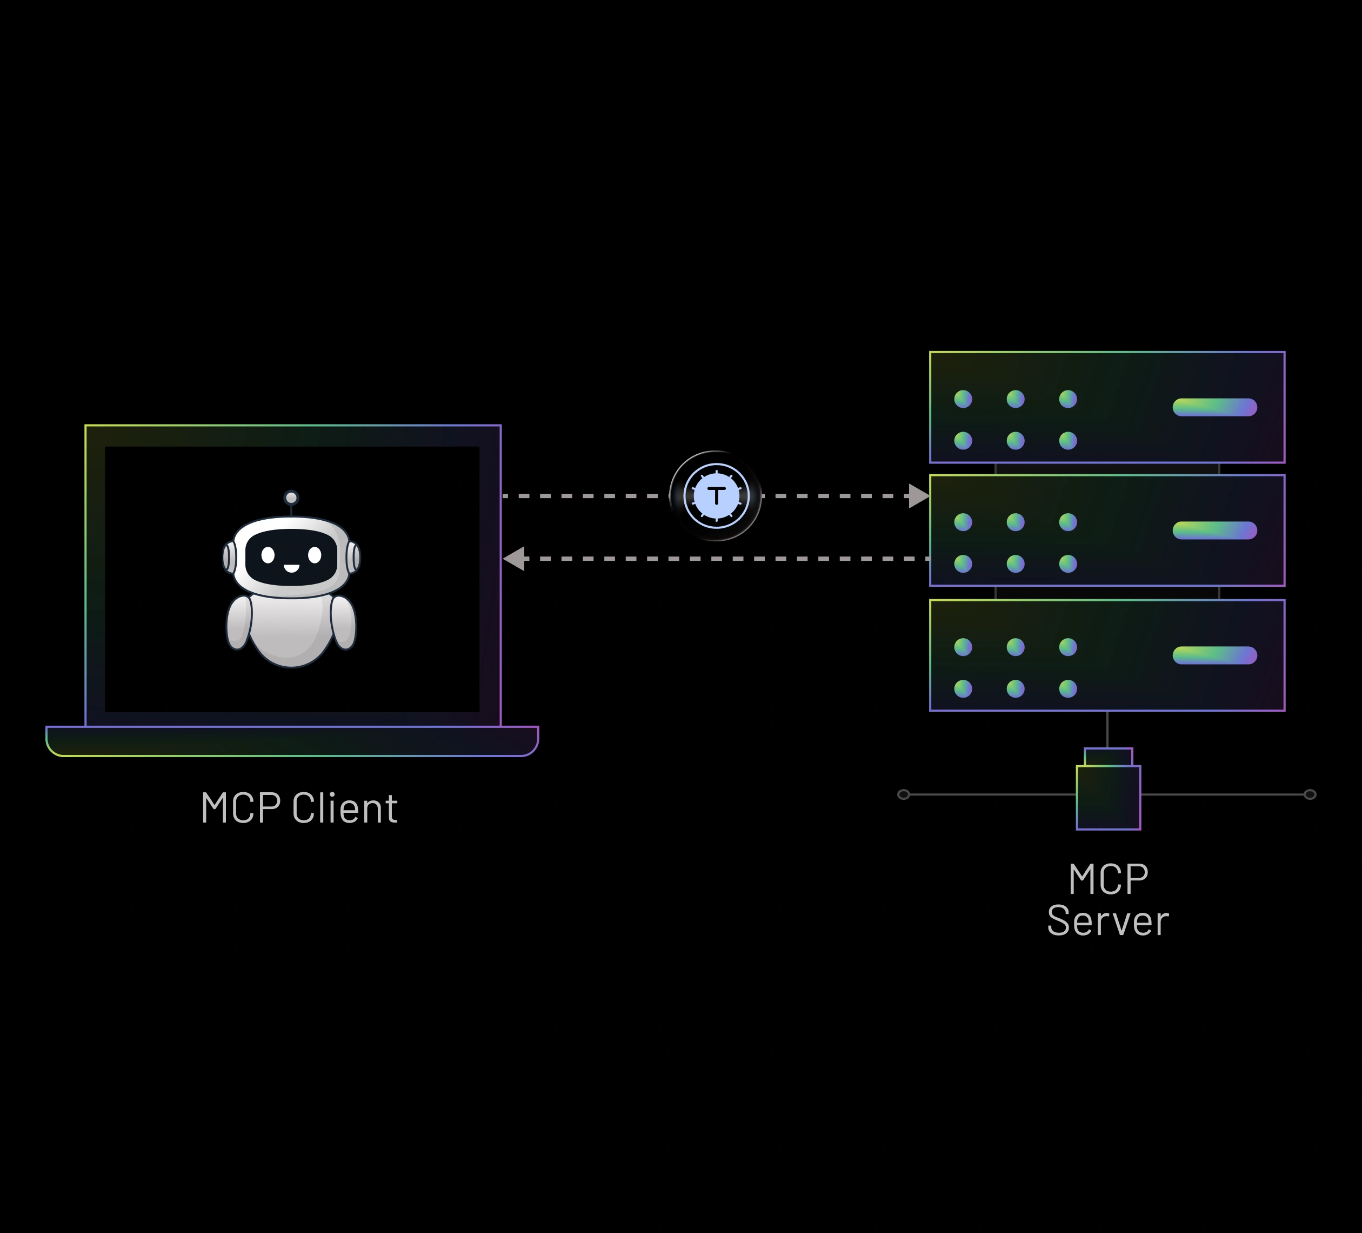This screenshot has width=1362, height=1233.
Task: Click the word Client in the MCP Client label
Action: [345, 808]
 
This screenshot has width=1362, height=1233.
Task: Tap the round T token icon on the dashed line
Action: [716, 495]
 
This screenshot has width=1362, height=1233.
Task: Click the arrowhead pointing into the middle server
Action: [918, 495]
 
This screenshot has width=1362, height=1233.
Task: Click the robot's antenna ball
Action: [291, 498]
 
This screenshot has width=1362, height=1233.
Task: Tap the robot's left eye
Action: [268, 555]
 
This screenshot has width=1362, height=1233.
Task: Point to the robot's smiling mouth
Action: [291, 568]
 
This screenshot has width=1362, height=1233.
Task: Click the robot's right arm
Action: [343, 623]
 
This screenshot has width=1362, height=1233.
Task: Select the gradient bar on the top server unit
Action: [1214, 407]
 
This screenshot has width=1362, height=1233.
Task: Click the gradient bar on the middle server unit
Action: [1214, 530]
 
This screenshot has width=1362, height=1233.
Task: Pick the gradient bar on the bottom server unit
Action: [1214, 655]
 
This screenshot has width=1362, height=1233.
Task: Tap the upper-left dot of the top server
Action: [963, 399]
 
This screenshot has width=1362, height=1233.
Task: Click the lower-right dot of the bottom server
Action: [1067, 689]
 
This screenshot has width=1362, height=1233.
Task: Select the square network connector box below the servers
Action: [1108, 796]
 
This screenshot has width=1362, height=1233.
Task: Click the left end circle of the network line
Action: [903, 794]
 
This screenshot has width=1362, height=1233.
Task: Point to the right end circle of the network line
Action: [1309, 794]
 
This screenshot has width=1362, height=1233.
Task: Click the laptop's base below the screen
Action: [292, 741]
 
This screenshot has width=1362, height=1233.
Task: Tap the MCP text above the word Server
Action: [1108, 879]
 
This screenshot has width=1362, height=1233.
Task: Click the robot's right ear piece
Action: [354, 557]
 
